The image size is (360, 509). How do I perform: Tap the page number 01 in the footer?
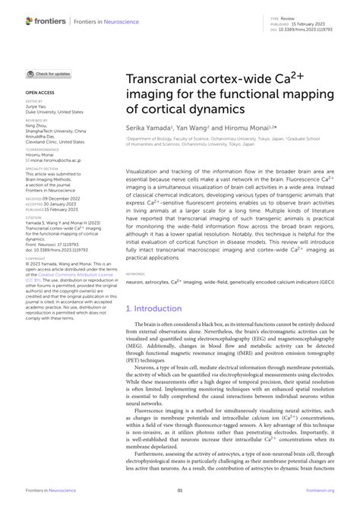pos(180,492)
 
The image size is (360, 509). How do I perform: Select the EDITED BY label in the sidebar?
pos(35,100)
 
